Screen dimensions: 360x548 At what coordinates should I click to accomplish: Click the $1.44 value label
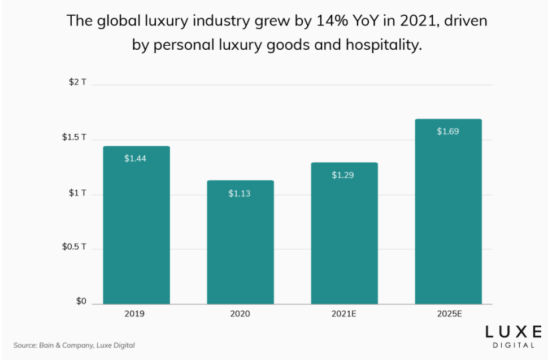(x=136, y=158)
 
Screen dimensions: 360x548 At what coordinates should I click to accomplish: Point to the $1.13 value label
(x=240, y=193)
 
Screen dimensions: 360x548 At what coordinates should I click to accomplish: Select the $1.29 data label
(x=343, y=175)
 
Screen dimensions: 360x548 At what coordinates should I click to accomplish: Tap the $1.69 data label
(x=448, y=132)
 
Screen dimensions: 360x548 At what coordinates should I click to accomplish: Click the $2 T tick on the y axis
(x=77, y=82)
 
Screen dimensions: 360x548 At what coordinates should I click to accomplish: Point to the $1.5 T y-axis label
(x=74, y=137)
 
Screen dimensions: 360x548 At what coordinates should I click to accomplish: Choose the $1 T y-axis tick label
(x=77, y=193)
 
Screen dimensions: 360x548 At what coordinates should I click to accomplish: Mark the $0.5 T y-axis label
(x=74, y=247)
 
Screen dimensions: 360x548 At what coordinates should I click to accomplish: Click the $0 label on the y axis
(x=81, y=302)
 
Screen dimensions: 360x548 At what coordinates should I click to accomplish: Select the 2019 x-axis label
(x=136, y=314)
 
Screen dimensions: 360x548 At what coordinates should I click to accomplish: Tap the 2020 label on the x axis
(x=240, y=314)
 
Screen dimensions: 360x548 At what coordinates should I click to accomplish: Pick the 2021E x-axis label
(x=344, y=314)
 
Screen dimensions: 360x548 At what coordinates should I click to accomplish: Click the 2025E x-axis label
(x=448, y=314)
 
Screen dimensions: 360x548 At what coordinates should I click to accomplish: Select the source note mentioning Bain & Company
(x=74, y=345)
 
